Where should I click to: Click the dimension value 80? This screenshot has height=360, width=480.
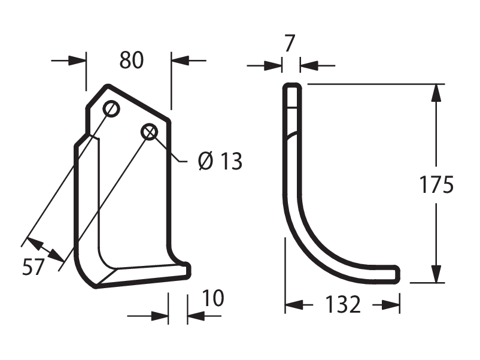point(131,60)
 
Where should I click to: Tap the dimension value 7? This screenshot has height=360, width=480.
point(290,43)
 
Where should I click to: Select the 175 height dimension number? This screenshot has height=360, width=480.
point(436,184)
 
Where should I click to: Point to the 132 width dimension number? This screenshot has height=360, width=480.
point(342,304)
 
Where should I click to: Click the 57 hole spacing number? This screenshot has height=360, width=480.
point(34,267)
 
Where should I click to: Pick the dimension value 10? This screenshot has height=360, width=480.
point(213,298)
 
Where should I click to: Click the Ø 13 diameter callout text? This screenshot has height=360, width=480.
point(220,161)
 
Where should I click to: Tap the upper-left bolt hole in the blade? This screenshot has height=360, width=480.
point(111,108)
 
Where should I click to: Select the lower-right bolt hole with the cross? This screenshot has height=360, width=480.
point(150,132)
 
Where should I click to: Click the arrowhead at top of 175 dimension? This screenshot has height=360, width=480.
point(436,92)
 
